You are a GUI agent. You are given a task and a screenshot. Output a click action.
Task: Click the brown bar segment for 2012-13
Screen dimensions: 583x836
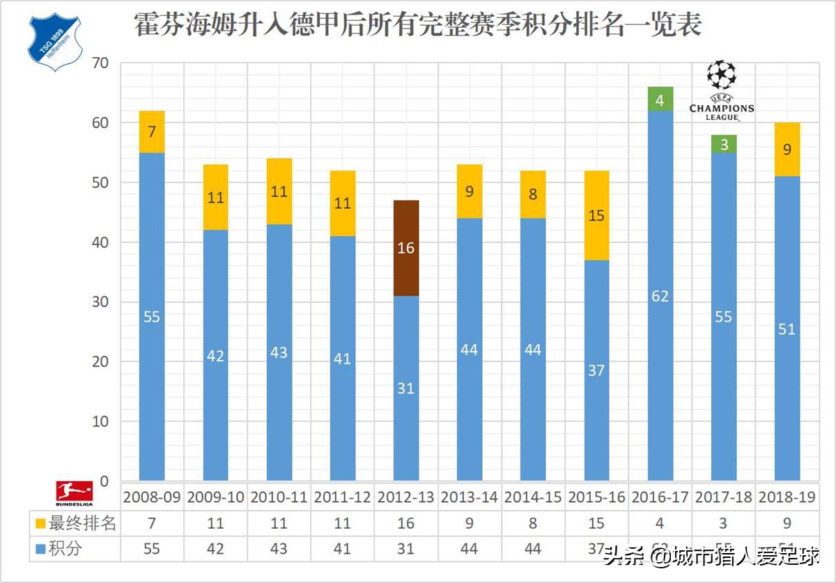pos(406,248)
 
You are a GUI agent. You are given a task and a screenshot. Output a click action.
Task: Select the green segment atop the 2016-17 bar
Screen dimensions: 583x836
pos(660,99)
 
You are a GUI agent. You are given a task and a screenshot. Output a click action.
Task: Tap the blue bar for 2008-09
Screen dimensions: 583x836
pos(152,317)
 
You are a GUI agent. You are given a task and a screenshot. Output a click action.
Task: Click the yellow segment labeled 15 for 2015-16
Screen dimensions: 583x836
pos(596,216)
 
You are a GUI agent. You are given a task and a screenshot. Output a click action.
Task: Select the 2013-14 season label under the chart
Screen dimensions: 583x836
pos(469,498)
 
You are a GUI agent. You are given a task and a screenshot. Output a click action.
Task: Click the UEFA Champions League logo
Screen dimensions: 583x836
pos(721,91)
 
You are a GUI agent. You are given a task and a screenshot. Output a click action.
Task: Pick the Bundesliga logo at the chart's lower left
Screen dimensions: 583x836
pos(75,492)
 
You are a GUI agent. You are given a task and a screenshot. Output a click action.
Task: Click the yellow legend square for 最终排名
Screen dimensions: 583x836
pos(41,524)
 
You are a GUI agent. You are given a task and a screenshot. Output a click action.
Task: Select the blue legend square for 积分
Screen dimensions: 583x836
pos(41,549)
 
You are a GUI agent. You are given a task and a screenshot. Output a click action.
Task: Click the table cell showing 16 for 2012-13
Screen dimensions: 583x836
pos(405,524)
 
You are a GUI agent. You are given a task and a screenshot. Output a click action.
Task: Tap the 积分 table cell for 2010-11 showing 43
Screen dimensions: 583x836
pos(279,549)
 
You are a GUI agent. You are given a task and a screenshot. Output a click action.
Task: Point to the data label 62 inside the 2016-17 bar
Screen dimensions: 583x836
pos(660,296)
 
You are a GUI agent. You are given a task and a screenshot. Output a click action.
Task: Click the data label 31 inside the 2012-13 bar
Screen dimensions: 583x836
pos(406,389)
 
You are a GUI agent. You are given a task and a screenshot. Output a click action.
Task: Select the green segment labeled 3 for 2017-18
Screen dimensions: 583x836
pos(724,145)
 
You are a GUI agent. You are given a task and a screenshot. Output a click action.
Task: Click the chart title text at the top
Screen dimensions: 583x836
pos(418,26)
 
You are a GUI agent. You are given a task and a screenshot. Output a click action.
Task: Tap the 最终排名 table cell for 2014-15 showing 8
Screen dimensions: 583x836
pos(532,524)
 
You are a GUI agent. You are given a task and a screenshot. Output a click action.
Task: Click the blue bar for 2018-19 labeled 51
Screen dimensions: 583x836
pos(787,329)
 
